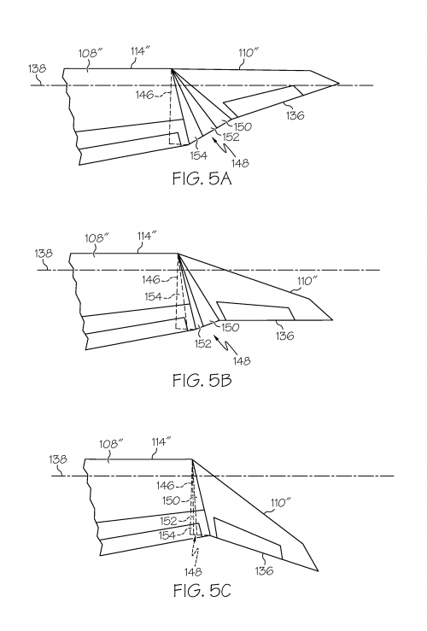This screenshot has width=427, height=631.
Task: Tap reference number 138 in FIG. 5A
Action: (x=37, y=68)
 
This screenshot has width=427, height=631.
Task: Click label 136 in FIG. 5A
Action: (x=295, y=114)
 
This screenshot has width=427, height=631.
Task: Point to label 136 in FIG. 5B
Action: (x=284, y=336)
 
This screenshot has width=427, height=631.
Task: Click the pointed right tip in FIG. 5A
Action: (x=338, y=84)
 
